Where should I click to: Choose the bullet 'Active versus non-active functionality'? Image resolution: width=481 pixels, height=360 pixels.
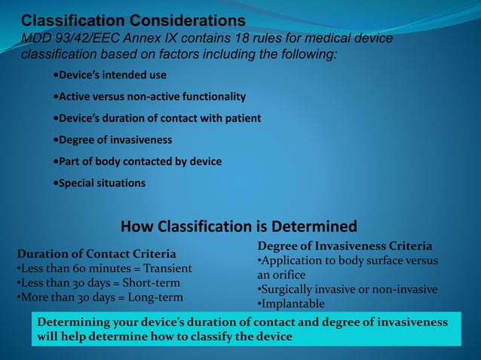coord(150,97)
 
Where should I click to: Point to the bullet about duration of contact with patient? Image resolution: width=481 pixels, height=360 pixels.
coord(158,118)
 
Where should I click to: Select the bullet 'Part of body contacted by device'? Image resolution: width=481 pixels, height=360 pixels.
coord(138,161)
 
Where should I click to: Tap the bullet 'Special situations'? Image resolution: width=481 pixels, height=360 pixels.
coord(100,183)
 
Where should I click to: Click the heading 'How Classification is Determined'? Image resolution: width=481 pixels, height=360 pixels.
coord(238,227)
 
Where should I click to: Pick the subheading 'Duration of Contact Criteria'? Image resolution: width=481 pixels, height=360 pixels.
coord(96,254)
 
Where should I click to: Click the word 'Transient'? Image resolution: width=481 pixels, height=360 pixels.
coord(167,268)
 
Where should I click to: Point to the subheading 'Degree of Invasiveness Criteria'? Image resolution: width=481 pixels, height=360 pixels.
coord(345,246)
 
